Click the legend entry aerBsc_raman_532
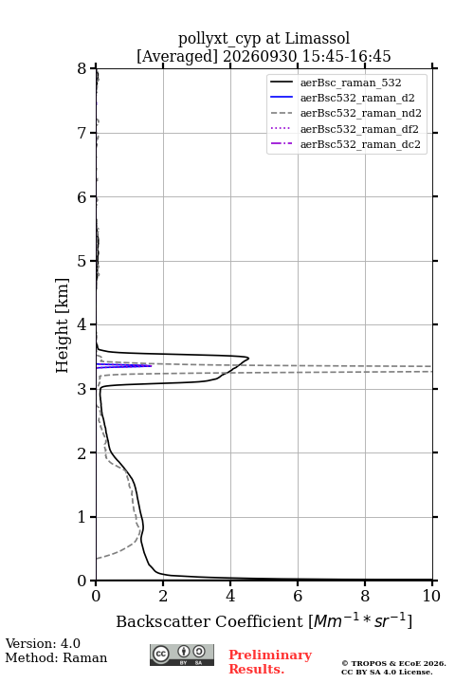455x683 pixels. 351,83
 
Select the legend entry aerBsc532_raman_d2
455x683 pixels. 357,98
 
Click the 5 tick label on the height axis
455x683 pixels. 82,261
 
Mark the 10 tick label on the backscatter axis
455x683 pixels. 432,596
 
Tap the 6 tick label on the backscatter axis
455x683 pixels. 298,596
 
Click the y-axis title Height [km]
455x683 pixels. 62,325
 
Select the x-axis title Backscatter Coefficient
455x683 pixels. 209,621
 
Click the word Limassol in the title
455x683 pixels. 317,38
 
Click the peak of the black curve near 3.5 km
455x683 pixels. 248,358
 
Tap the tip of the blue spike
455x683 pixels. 152,366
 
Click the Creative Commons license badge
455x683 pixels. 182,655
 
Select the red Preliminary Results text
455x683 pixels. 270,662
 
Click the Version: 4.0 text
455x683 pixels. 43,644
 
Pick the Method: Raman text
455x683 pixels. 56,657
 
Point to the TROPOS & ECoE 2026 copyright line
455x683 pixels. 393,663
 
